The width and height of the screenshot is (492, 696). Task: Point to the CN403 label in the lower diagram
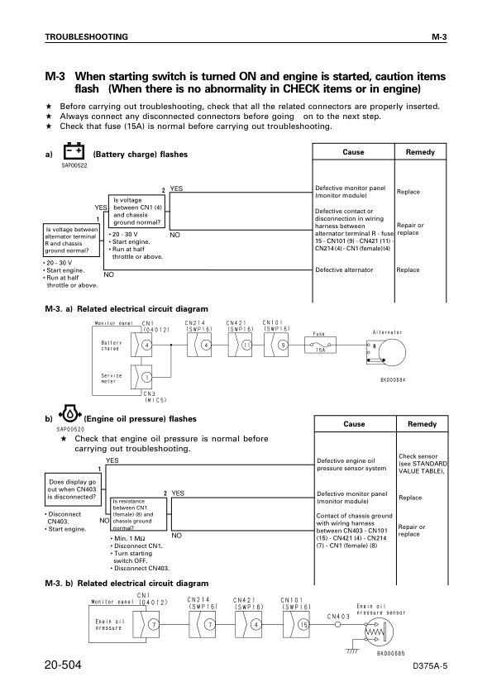338,616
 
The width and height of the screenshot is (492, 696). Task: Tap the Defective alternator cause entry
344,269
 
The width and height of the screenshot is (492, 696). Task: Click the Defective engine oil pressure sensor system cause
351,465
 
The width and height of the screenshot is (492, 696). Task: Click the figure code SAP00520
70,430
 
